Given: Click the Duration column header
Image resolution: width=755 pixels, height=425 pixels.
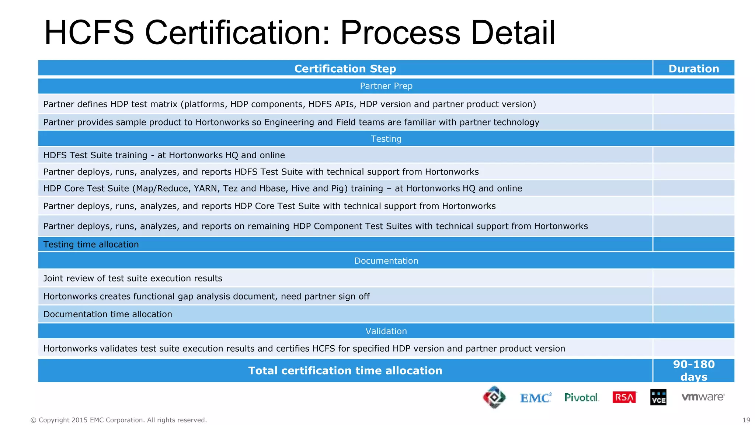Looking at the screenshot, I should (x=693, y=69).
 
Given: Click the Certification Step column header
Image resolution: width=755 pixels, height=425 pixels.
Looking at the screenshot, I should (x=345, y=69).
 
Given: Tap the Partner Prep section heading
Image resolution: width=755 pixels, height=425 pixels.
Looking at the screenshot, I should (x=386, y=86).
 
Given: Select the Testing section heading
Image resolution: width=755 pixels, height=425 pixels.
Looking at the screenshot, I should (x=386, y=139).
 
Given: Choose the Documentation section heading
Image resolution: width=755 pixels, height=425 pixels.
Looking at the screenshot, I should (x=386, y=261).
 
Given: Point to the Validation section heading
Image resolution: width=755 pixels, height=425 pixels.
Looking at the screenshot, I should (x=386, y=331).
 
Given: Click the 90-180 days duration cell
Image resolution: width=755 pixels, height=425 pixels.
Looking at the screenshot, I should (x=693, y=370).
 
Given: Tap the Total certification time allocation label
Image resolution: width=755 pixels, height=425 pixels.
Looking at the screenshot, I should (x=345, y=370).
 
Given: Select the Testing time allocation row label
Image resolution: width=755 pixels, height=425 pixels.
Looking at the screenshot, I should (x=91, y=244).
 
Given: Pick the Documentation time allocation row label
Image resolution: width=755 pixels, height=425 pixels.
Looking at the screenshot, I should (x=108, y=314).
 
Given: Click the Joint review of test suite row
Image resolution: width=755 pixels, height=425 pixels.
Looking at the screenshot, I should (x=133, y=278).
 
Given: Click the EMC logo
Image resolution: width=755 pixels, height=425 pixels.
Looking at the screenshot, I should (x=535, y=398).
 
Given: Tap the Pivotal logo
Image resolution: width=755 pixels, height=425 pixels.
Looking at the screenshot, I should (x=581, y=397).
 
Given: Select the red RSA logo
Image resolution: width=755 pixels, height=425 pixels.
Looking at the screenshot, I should (x=624, y=397).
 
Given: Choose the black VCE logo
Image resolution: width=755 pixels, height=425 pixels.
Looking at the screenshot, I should (x=658, y=397).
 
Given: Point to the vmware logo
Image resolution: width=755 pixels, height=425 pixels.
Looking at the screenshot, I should (x=703, y=397).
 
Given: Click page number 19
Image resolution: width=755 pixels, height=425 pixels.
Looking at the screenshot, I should (x=746, y=420).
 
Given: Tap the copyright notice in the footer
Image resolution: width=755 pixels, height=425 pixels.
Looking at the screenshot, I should (x=118, y=420).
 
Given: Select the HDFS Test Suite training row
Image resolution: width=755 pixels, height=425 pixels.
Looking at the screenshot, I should (x=164, y=155).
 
